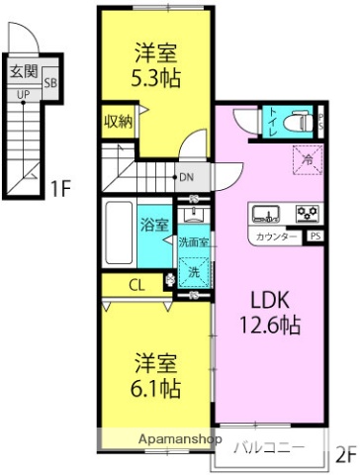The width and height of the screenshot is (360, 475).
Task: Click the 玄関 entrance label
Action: [x=25, y=71]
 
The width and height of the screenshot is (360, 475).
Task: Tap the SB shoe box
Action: [x=48, y=84]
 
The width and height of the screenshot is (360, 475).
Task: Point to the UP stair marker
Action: [x=20, y=96]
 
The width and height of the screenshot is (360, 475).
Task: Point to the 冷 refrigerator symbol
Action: [x=307, y=156]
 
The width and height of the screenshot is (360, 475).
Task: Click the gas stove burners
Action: [x=307, y=213]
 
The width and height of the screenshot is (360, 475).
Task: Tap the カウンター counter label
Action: [x=277, y=237]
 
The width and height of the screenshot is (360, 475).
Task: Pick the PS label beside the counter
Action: [x=315, y=237]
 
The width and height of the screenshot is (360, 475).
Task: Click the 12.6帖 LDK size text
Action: [x=269, y=324]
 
